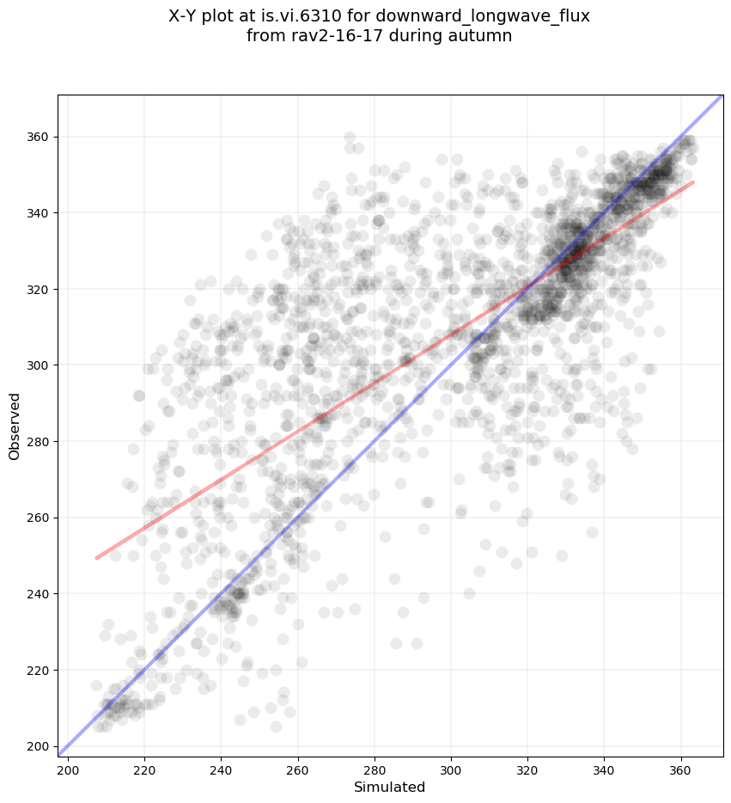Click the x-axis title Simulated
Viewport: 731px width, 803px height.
390,788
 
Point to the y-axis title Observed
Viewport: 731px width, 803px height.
15,426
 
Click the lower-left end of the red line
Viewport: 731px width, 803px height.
96,558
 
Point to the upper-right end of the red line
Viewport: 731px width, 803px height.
692,182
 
